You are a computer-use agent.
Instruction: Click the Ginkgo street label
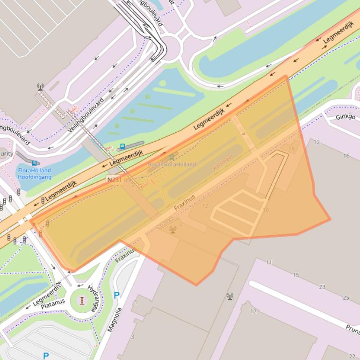pyautogui.click(x=345, y=117)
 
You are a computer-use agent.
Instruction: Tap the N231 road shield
pyautogui.click(x=113, y=180)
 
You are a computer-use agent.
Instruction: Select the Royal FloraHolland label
pyautogui.click(x=172, y=165)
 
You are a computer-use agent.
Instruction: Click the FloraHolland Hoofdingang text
pyautogui.click(x=35, y=174)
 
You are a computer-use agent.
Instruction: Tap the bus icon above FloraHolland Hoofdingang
pyautogui.click(x=35, y=164)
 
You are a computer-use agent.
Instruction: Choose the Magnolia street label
pyautogui.click(x=114, y=319)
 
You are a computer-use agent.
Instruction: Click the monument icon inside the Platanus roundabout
pyautogui.click(x=82, y=300)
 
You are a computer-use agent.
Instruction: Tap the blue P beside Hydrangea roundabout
pyautogui.click(x=116, y=295)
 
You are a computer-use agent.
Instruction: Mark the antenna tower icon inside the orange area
pyautogui.click(x=173, y=229)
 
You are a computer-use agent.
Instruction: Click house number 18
pyautogui.click(x=292, y=149)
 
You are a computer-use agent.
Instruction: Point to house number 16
pyautogui.click(x=346, y=156)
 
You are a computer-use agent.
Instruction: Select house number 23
pyautogui.click(x=322, y=287)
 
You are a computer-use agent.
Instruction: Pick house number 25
pyautogui.click(x=346, y=298)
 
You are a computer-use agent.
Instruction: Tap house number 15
pyautogui.click(x=295, y=275)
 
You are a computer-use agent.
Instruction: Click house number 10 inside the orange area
pyautogui.click(x=266, y=210)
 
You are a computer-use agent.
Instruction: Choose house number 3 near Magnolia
pyautogui.click(x=132, y=337)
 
